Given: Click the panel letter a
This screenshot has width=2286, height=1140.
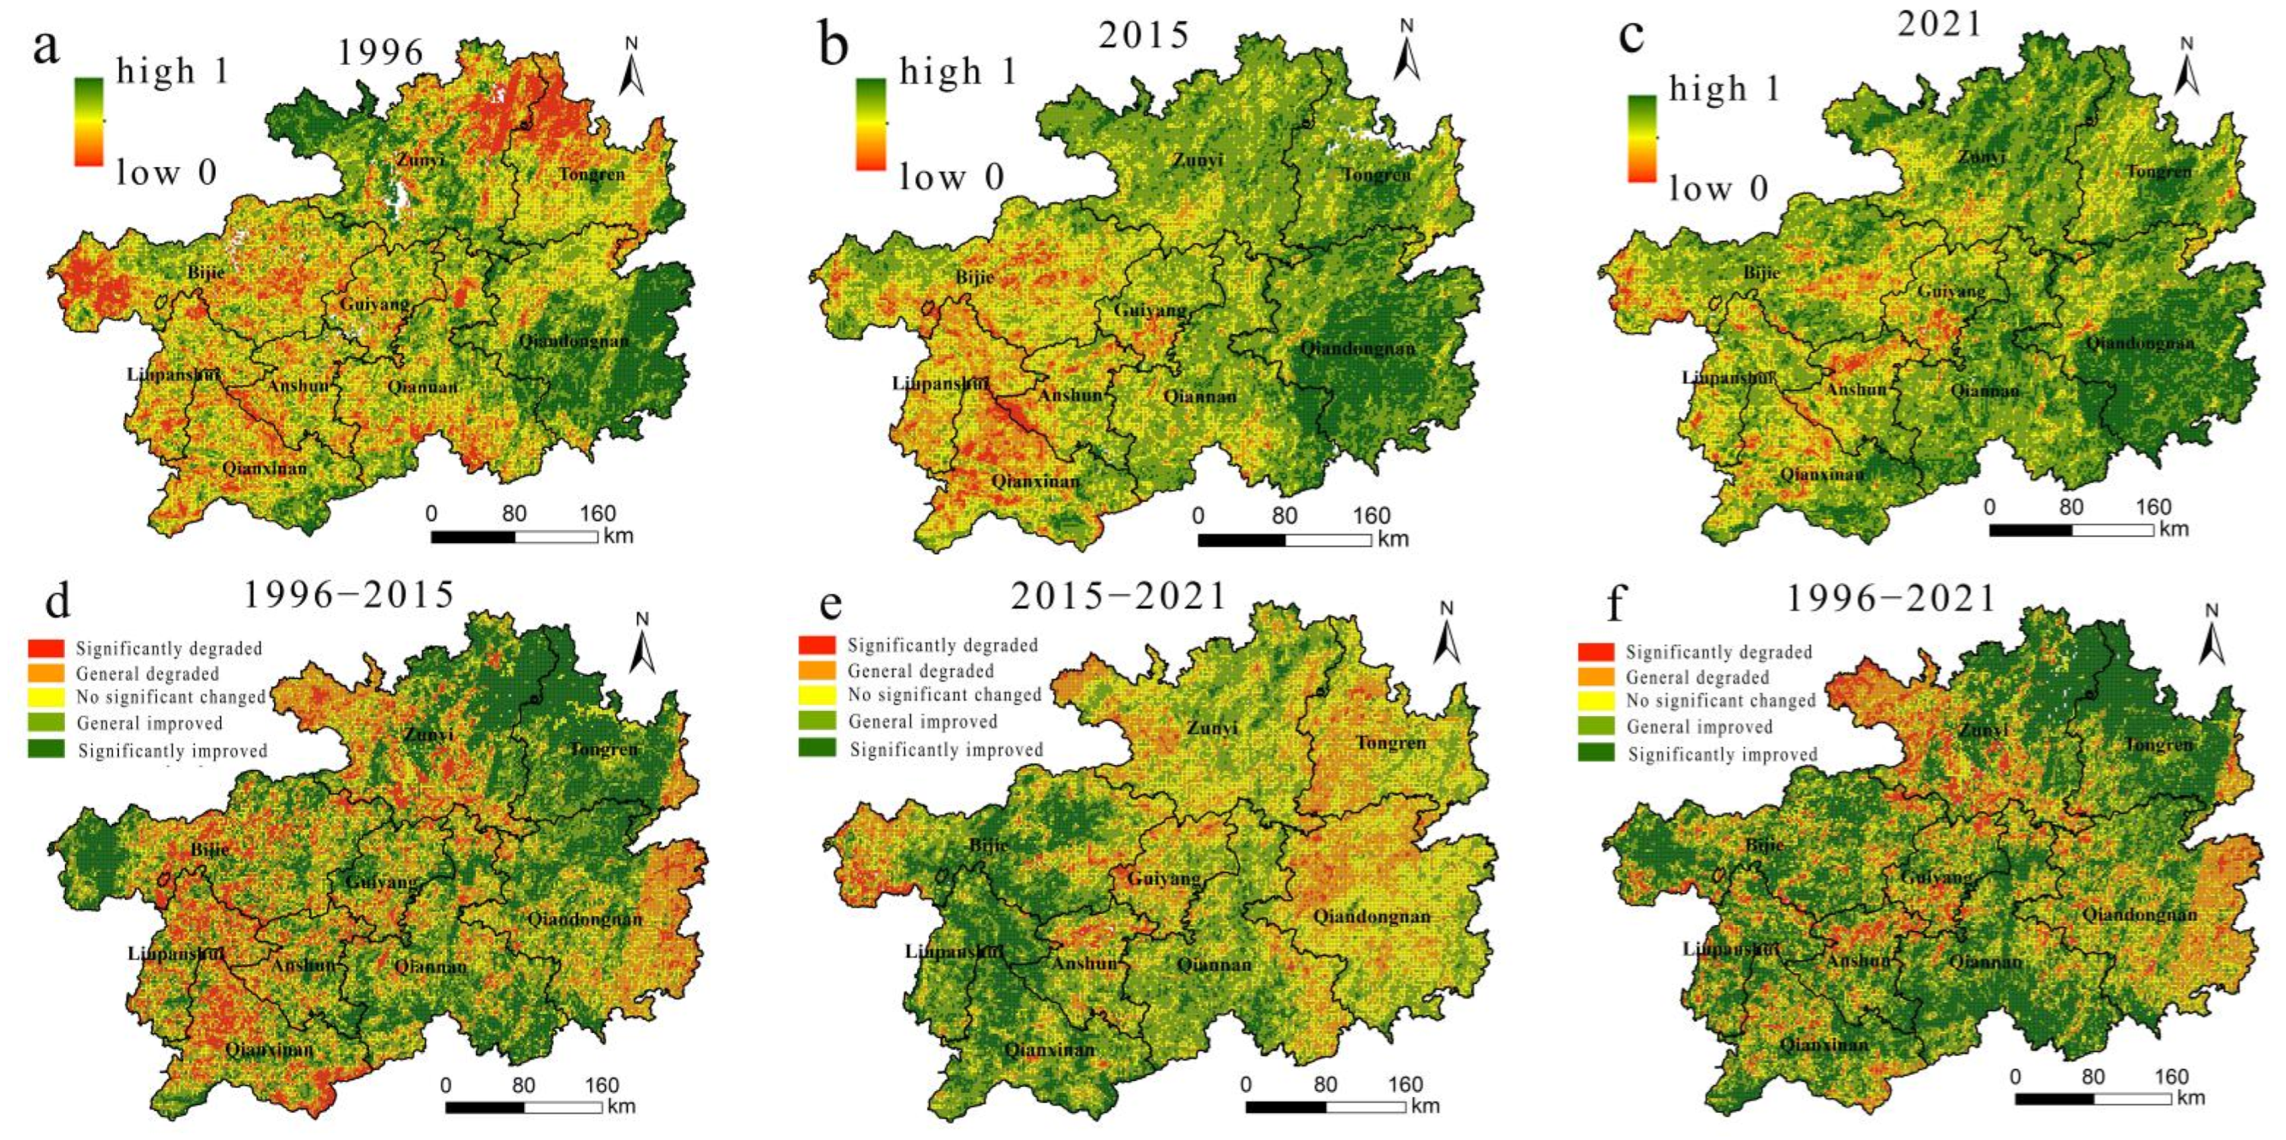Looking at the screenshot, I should point(46,47).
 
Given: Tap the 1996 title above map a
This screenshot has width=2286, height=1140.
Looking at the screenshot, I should point(380,53).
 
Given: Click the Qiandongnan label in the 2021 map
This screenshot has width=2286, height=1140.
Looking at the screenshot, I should point(2140,343).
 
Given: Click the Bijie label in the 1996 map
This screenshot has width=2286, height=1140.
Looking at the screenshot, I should point(206,272).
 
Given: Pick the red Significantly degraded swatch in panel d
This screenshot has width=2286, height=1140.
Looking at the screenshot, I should point(46,649).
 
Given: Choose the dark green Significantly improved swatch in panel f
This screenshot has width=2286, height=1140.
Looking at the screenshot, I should point(1596,753).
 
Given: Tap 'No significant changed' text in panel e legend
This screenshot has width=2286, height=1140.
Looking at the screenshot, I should point(944,696).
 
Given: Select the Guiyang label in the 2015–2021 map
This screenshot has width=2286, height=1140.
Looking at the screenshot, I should point(1163,879).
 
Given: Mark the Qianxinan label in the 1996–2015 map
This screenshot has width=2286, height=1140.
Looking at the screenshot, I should point(269,1050).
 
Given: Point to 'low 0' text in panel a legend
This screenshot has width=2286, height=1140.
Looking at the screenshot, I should point(166,173).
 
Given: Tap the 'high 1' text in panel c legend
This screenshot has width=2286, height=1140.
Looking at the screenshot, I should point(1724,90).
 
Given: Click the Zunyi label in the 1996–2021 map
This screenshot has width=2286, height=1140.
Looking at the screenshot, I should point(1982,730).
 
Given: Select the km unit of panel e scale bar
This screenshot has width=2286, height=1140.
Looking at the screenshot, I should point(1425,1106).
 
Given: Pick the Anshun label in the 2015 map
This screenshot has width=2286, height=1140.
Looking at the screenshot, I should point(1071,395).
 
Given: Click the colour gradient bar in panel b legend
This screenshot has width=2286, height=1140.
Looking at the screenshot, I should point(871,124).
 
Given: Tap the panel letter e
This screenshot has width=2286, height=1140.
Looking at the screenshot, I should point(830,604).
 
